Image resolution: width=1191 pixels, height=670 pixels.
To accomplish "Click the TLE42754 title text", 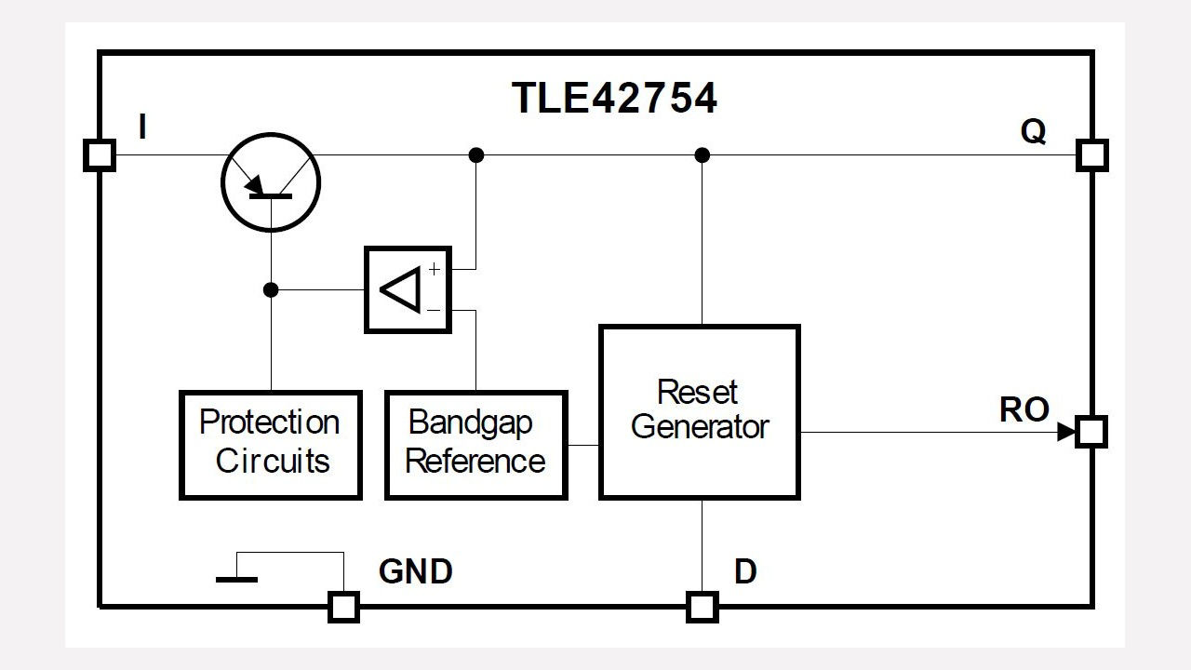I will coord(615,99).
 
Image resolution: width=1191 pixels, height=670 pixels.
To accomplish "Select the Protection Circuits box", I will coord(271,445).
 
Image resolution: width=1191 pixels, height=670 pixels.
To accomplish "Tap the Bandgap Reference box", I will coord(475,445).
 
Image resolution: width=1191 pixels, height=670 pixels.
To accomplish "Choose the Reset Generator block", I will coord(699,411).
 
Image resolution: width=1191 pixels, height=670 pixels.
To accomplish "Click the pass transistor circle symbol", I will coord(271,181).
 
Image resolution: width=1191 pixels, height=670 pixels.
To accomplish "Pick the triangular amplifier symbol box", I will coord(408,289).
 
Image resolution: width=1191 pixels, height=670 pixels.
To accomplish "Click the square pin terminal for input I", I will coord(100,154).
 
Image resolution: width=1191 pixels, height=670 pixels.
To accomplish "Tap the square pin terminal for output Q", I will coord(1091,154).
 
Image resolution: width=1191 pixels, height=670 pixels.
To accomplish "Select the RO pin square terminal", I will coord(1091,432).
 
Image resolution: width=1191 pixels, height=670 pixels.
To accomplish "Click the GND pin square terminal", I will coord(343,607).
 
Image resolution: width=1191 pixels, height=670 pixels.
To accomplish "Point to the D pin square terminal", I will coord(703,607).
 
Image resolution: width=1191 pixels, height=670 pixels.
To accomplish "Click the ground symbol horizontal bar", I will coord(236,580).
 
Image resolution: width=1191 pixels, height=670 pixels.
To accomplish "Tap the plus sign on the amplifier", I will coord(434,269).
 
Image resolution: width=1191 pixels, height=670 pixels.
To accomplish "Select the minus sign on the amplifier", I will coord(434,310).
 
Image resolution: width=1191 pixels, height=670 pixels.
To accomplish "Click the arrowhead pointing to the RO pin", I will coord(1066,432).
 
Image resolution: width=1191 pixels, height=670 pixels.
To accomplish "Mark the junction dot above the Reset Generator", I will coord(703,154).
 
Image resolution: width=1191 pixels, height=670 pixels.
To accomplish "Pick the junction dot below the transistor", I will coord(271,290).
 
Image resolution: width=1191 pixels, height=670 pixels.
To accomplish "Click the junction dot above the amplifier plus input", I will coord(476,154).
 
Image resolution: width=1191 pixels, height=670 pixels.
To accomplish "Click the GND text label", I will coord(415,571).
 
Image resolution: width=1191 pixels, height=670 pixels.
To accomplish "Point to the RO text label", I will coord(1024,410).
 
